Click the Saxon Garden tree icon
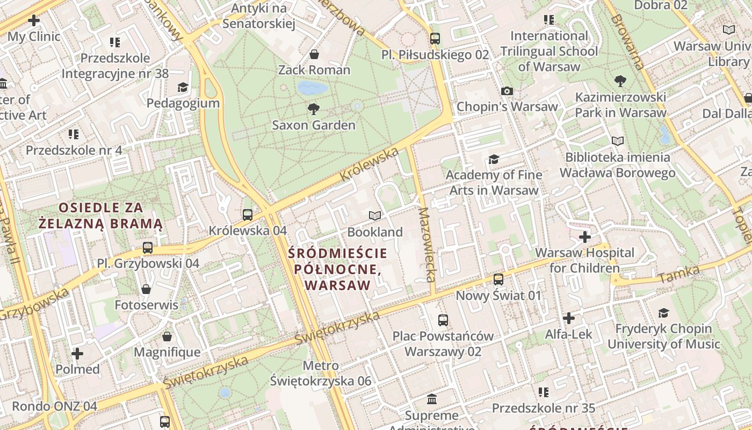[314, 110]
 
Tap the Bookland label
[375, 232]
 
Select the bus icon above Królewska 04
[248, 215]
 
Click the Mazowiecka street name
[428, 245]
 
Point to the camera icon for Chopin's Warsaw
[507, 91]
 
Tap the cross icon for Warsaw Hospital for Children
[585, 237]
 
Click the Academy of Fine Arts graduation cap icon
[494, 160]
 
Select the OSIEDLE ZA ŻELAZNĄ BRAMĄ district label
[100, 216]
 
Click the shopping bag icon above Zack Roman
[314, 54]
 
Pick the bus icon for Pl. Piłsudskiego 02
[435, 39]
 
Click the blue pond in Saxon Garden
[313, 88]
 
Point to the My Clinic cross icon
[34, 21]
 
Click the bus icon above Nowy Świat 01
[498, 279]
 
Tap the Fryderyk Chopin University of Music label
[664, 336]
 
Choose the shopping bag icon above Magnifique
[167, 337]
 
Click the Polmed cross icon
[77, 354]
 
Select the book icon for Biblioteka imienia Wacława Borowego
[618, 141]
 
